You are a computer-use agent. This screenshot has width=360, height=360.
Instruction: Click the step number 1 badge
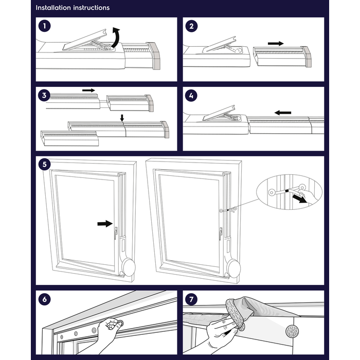[45, 25]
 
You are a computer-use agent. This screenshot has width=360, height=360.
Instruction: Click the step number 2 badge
[191, 25]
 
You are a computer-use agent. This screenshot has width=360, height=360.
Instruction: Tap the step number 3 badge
[45, 95]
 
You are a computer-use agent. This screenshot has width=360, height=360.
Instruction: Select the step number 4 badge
[191, 95]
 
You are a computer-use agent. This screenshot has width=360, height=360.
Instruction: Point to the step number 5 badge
[45, 165]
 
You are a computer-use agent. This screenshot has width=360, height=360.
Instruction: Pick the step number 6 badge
[45, 299]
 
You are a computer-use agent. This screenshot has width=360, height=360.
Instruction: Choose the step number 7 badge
[191, 299]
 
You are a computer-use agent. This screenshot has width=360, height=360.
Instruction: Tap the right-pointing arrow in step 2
[276, 44]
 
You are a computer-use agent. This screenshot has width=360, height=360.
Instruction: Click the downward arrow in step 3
[122, 118]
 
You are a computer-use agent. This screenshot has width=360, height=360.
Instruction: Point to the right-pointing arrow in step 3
[89, 90]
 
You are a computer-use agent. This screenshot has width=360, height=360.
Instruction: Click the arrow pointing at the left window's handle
[104, 224]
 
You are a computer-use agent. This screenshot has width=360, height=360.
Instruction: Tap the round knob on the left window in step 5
[129, 267]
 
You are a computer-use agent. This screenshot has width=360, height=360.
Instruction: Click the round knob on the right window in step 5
[233, 268]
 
